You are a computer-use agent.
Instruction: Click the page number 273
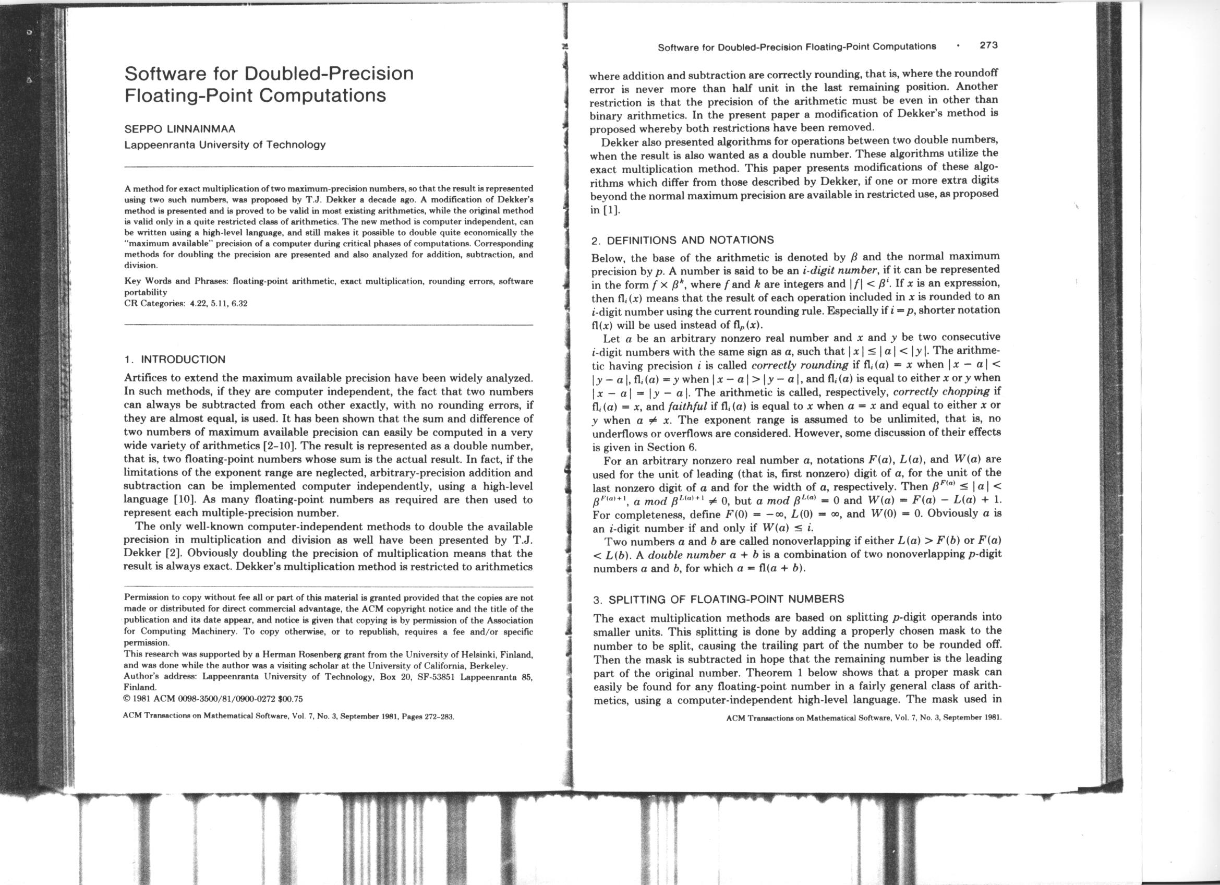click(x=988, y=46)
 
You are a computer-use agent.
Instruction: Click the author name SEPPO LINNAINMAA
click(x=179, y=129)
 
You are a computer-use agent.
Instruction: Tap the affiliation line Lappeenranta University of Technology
click(x=225, y=145)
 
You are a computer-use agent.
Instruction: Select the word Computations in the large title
click(x=323, y=95)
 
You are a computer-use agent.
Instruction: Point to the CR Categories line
click(x=186, y=303)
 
